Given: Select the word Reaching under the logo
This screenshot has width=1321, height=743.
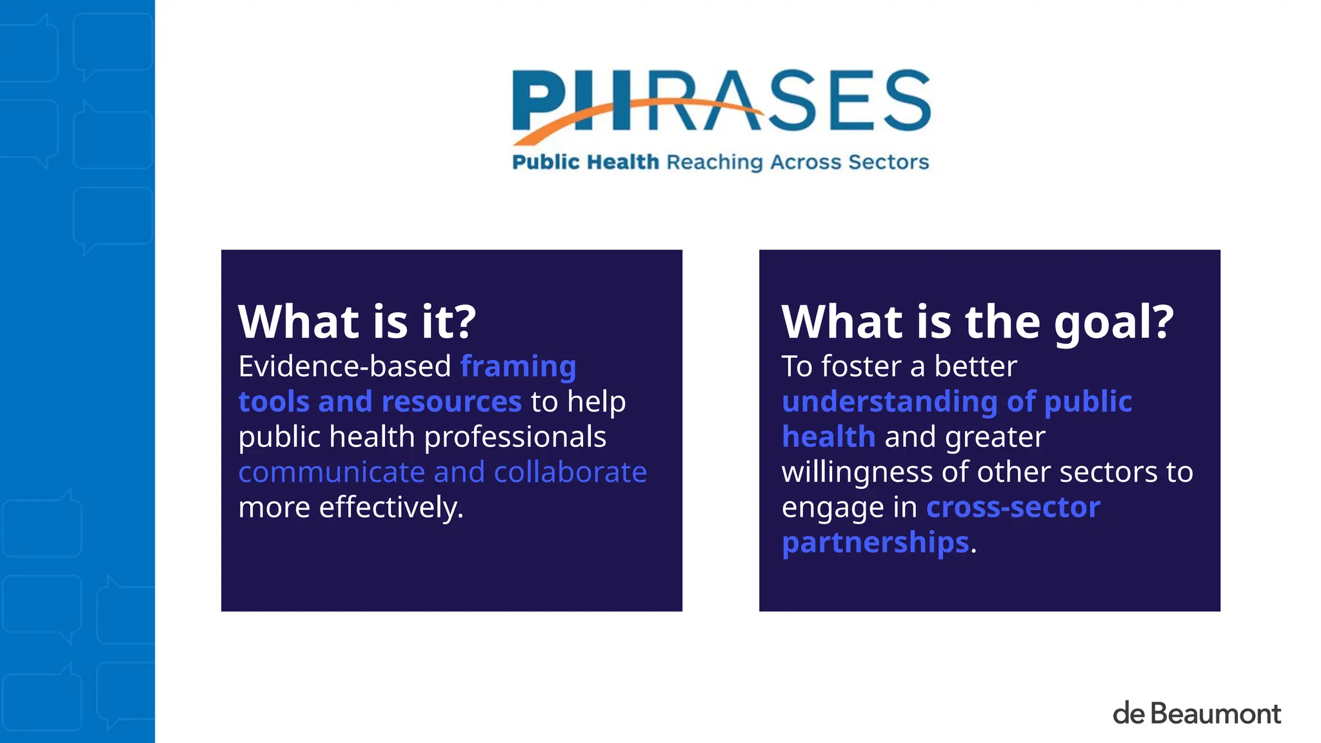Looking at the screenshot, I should pos(715,163).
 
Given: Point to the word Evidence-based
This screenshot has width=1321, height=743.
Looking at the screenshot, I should pos(344,366).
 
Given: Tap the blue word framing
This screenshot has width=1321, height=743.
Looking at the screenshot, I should pos(518,366).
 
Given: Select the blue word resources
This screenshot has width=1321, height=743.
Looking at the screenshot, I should pos(452,402).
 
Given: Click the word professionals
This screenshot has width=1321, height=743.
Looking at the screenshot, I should pos(515,437).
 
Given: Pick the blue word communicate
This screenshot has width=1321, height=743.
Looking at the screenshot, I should pos(332,472).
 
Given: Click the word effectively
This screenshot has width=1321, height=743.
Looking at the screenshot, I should pos(391,508).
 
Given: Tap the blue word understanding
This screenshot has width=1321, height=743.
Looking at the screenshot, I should pos(889,402).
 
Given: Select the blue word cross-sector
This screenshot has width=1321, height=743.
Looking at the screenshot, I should pos(1013,508).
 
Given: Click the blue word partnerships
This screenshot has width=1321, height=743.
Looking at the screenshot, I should pos(875,542).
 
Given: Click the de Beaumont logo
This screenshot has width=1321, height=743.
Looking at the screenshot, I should pos(1197,713).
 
